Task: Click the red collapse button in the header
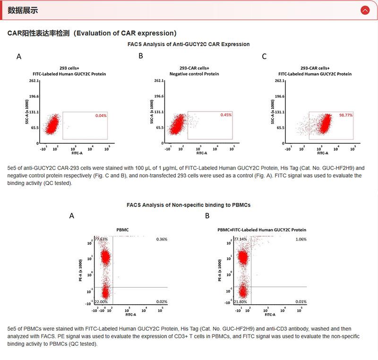364,10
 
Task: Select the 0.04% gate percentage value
101,115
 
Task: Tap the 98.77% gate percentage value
346,115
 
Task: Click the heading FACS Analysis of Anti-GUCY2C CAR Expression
189,44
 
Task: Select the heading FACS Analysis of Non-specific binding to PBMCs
189,205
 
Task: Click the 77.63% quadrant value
101,240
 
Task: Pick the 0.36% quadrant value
162,240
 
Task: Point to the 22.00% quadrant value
101,301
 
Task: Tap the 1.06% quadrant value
301,240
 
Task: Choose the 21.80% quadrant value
240,301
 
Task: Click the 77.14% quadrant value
240,240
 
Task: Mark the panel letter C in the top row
264,57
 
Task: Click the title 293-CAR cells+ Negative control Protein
194,71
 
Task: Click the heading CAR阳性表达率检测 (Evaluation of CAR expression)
92,33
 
